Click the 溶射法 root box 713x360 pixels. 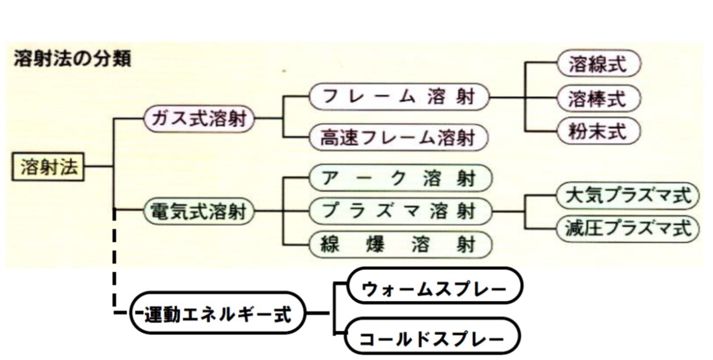pyautogui.click(x=49, y=167)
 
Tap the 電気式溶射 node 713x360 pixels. pyautogui.click(x=198, y=212)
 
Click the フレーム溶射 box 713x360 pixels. pyautogui.click(x=399, y=96)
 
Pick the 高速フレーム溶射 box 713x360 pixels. pyautogui.click(x=399, y=138)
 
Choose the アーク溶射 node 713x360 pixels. pyautogui.click(x=399, y=178)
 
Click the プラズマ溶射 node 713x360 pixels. pyautogui.click(x=399, y=211)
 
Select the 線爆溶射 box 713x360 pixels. pyautogui.click(x=399, y=244)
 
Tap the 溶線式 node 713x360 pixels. pyautogui.click(x=600, y=64)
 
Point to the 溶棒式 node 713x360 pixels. pyautogui.click(x=600, y=97)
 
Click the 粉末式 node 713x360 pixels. pyautogui.click(x=600, y=130)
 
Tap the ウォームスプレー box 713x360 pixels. pyautogui.click(x=434, y=286)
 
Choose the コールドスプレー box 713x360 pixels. pyautogui.click(x=433, y=337)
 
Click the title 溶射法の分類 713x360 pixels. pyautogui.click(x=72, y=60)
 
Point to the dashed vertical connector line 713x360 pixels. pyautogui.click(x=114, y=262)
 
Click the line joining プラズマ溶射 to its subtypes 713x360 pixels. pyautogui.click(x=511, y=211)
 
